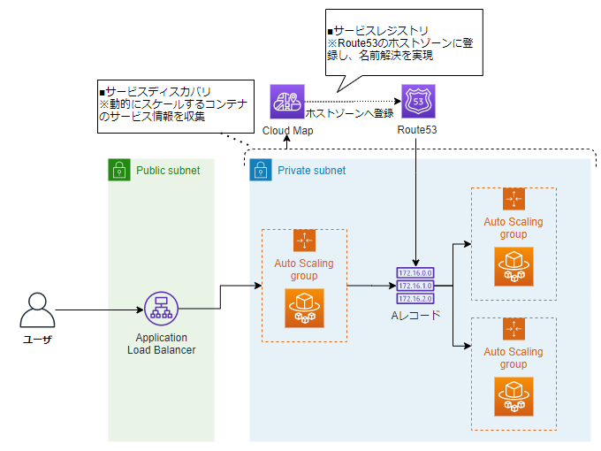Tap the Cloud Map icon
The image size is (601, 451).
pos(287,102)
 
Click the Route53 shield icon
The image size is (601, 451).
pos(417,102)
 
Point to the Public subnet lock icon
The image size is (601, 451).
pos(119,170)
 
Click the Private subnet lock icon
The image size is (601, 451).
pos(261,170)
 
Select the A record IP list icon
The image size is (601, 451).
pos(415,286)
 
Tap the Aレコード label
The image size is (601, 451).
pos(415,315)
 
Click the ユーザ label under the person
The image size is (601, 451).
pos(36,340)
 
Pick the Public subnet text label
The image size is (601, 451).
pos(168,170)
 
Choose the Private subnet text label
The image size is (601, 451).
pos(312,170)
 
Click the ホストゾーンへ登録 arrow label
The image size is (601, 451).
pos(348,115)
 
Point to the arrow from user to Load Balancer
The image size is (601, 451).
pos(97,310)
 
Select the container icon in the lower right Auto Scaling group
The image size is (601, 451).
pos(513,396)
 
